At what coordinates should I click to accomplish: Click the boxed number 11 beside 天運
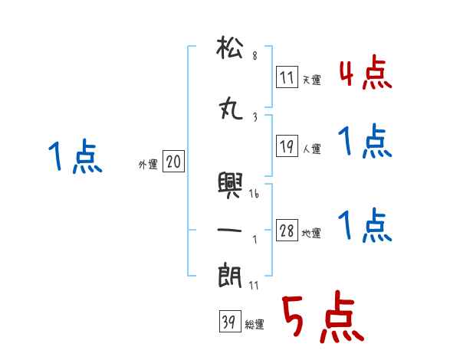coord(287,77)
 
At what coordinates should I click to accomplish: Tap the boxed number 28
coord(287,231)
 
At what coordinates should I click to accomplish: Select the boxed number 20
coord(173,162)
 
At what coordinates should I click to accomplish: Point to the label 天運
coord(312,79)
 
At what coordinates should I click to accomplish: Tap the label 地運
coord(312,233)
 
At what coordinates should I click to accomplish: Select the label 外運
coord(148,164)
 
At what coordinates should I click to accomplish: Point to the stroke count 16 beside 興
coord(255,195)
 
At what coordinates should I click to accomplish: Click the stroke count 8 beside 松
coord(255,55)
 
